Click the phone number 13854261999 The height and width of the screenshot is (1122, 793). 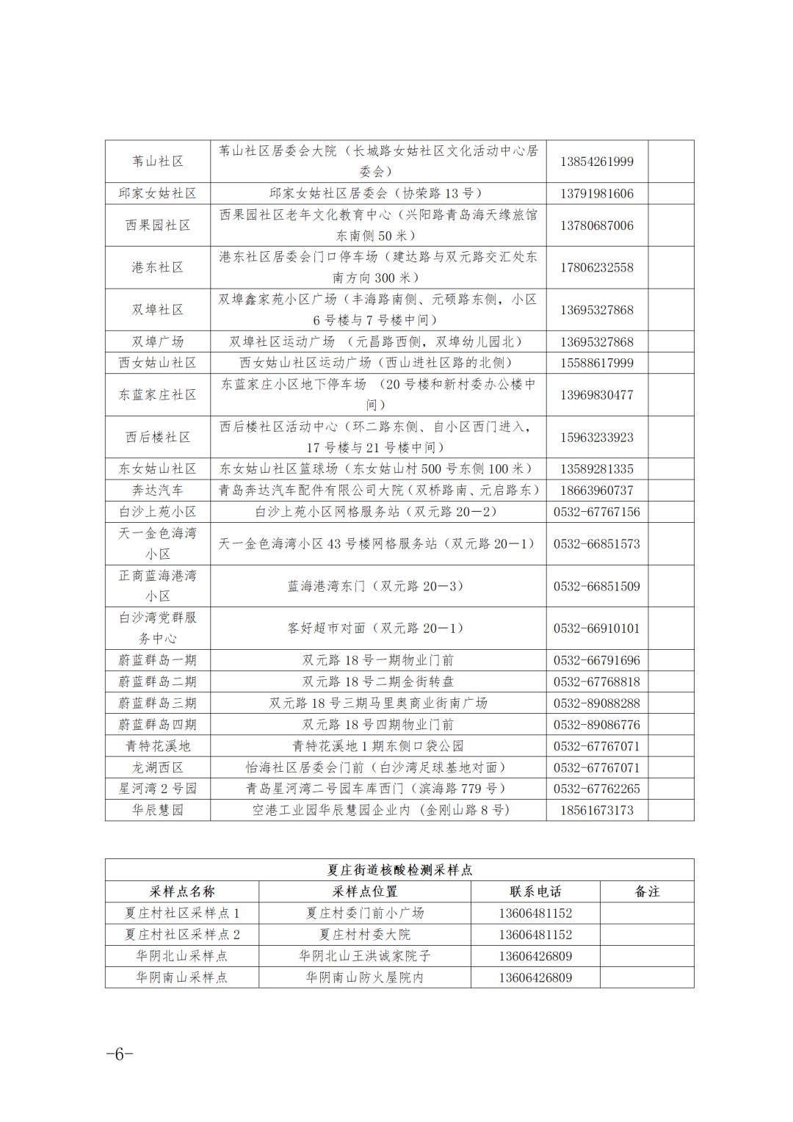click(596, 162)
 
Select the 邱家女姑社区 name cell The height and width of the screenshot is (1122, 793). click(158, 193)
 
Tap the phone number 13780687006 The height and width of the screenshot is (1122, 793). click(596, 225)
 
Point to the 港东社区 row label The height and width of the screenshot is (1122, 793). click(158, 267)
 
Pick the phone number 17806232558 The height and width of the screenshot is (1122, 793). click(596, 267)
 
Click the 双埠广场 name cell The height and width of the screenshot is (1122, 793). click(158, 341)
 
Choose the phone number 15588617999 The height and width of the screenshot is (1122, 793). click(596, 363)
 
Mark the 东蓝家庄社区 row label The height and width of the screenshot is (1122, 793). click(158, 394)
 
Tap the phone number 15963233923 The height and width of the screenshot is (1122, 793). click(596, 437)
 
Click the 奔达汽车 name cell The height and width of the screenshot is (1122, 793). click(158, 490)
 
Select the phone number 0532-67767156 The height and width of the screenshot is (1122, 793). click(596, 511)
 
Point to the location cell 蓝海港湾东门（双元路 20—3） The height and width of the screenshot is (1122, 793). click(375, 586)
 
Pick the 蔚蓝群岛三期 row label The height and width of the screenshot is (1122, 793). click(158, 703)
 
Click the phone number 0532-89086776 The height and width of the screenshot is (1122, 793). click(596, 724)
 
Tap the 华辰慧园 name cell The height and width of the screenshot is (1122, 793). click(158, 810)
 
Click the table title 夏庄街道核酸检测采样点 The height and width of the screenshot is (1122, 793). click(399, 869)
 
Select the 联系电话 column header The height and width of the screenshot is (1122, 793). click(535, 891)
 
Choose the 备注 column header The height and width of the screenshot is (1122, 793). click(647, 891)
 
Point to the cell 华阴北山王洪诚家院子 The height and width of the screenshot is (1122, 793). click(364, 955)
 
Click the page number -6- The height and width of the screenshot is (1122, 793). click(119, 1054)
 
